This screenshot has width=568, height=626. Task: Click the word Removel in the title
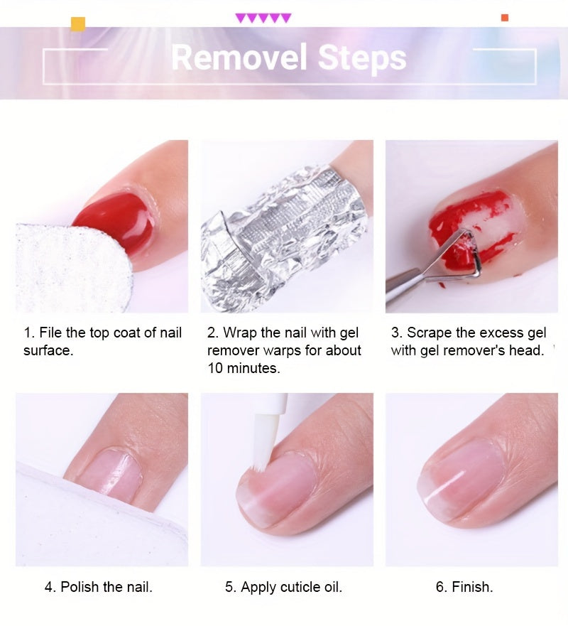[239, 58]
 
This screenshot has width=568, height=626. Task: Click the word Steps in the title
[362, 58]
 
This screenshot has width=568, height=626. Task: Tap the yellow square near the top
[78, 24]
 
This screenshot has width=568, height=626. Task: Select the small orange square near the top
[505, 18]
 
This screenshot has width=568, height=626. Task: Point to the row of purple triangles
[263, 18]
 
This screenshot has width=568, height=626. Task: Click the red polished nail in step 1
[116, 222]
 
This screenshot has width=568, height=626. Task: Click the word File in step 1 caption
[50, 332]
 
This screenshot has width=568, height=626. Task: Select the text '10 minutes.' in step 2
[244, 368]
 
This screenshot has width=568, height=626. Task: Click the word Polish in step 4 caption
[80, 587]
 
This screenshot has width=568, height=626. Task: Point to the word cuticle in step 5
[301, 587]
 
